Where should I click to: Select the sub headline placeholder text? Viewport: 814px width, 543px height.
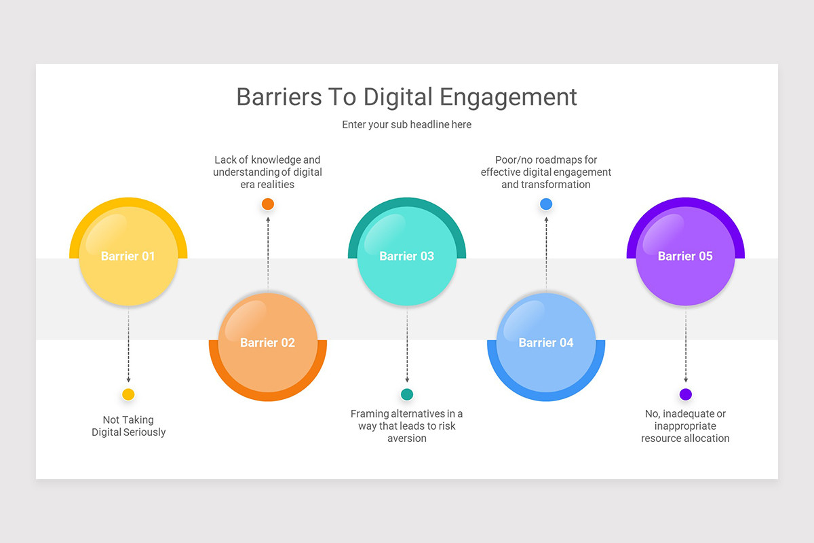pos(406,125)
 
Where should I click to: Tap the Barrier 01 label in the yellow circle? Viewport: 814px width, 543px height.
pos(128,256)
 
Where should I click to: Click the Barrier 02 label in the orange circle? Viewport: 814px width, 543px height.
pos(267,343)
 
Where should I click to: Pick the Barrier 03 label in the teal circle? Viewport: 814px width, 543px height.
pos(406,256)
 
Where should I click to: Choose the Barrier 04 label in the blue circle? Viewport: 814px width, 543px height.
pos(546,343)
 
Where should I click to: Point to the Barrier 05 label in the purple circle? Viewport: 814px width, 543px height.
pos(685,256)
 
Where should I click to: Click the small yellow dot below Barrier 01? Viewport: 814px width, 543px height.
pos(128,394)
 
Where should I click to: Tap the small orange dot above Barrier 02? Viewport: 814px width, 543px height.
pos(268,204)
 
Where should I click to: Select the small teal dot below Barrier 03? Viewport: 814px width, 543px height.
pos(407,394)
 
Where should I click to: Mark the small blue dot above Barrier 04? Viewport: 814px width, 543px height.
pos(546,204)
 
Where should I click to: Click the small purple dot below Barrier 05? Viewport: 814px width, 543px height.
pos(686,394)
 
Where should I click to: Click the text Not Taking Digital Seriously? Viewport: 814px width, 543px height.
pos(128,426)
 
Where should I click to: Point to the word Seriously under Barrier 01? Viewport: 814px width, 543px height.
pos(144,432)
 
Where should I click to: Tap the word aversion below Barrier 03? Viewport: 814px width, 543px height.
pos(407,438)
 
